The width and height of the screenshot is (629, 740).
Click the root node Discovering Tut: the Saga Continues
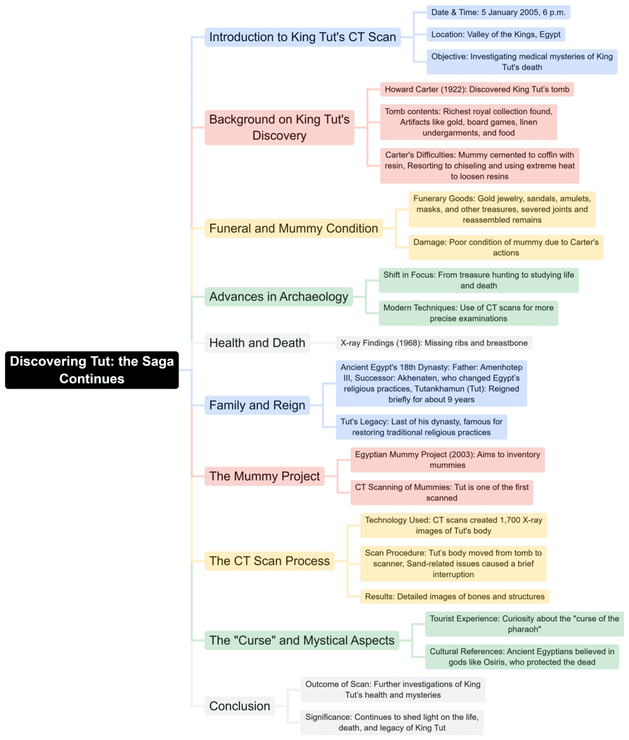click(x=92, y=370)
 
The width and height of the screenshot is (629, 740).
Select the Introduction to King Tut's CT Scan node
click(x=302, y=37)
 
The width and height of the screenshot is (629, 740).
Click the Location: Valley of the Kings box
click(x=495, y=34)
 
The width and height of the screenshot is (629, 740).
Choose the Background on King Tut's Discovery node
click(x=279, y=127)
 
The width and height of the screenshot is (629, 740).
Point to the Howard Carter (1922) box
click(x=477, y=90)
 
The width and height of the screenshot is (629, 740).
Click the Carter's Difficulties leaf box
click(x=479, y=165)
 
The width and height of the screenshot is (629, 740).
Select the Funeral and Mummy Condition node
click(x=294, y=229)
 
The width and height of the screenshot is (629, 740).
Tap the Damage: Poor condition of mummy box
click(x=506, y=247)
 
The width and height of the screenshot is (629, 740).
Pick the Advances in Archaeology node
click(x=279, y=297)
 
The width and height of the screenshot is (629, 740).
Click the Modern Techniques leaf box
click(x=468, y=313)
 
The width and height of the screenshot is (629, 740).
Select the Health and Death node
click(x=257, y=343)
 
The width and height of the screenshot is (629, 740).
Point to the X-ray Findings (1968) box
click(x=434, y=343)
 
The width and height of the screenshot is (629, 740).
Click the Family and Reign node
click(x=257, y=405)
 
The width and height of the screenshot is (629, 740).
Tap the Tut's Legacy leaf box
click(x=421, y=427)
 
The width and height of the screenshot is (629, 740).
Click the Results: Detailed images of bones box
click(x=455, y=596)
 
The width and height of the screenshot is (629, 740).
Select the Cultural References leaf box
click(x=522, y=657)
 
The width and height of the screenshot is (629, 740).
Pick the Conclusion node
click(x=240, y=706)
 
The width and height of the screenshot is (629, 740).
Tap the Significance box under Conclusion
click(x=393, y=722)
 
